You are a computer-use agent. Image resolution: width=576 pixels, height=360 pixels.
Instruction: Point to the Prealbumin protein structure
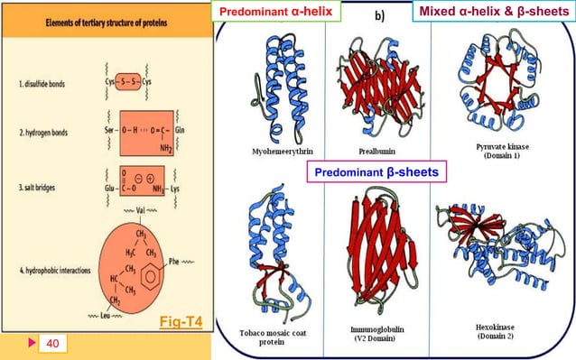point(373,77)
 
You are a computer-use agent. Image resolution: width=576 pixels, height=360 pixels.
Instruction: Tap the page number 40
point(51,342)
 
